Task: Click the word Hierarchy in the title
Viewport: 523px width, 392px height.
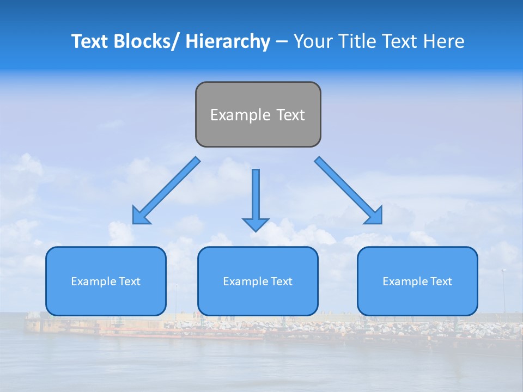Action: [228, 41]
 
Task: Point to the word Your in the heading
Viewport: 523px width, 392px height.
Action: [312, 41]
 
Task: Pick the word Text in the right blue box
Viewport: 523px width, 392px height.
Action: [441, 281]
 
